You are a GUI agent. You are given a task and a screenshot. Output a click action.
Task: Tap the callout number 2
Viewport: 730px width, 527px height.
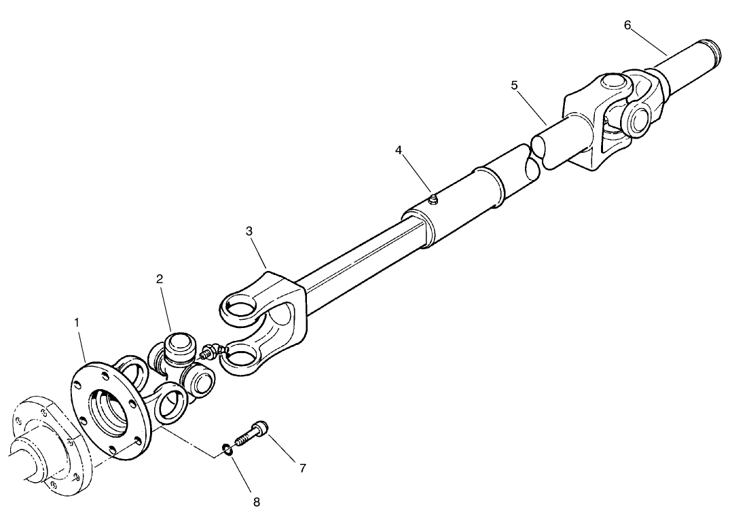coord(159,279)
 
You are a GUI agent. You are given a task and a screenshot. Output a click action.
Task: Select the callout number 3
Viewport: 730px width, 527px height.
coord(249,231)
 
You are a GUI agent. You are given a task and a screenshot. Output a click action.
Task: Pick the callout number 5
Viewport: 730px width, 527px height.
coord(514,86)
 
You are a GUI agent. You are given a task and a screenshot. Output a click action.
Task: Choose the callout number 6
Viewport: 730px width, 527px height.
coord(627,25)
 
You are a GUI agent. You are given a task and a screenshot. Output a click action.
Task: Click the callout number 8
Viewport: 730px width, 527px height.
coord(255,503)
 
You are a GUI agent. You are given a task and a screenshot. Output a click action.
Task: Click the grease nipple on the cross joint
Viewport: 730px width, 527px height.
coord(208,352)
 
